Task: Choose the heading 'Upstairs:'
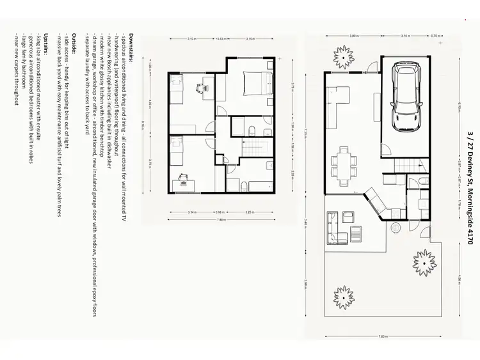(45, 42)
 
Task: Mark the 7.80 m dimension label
(382, 336)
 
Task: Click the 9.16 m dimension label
(143, 125)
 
